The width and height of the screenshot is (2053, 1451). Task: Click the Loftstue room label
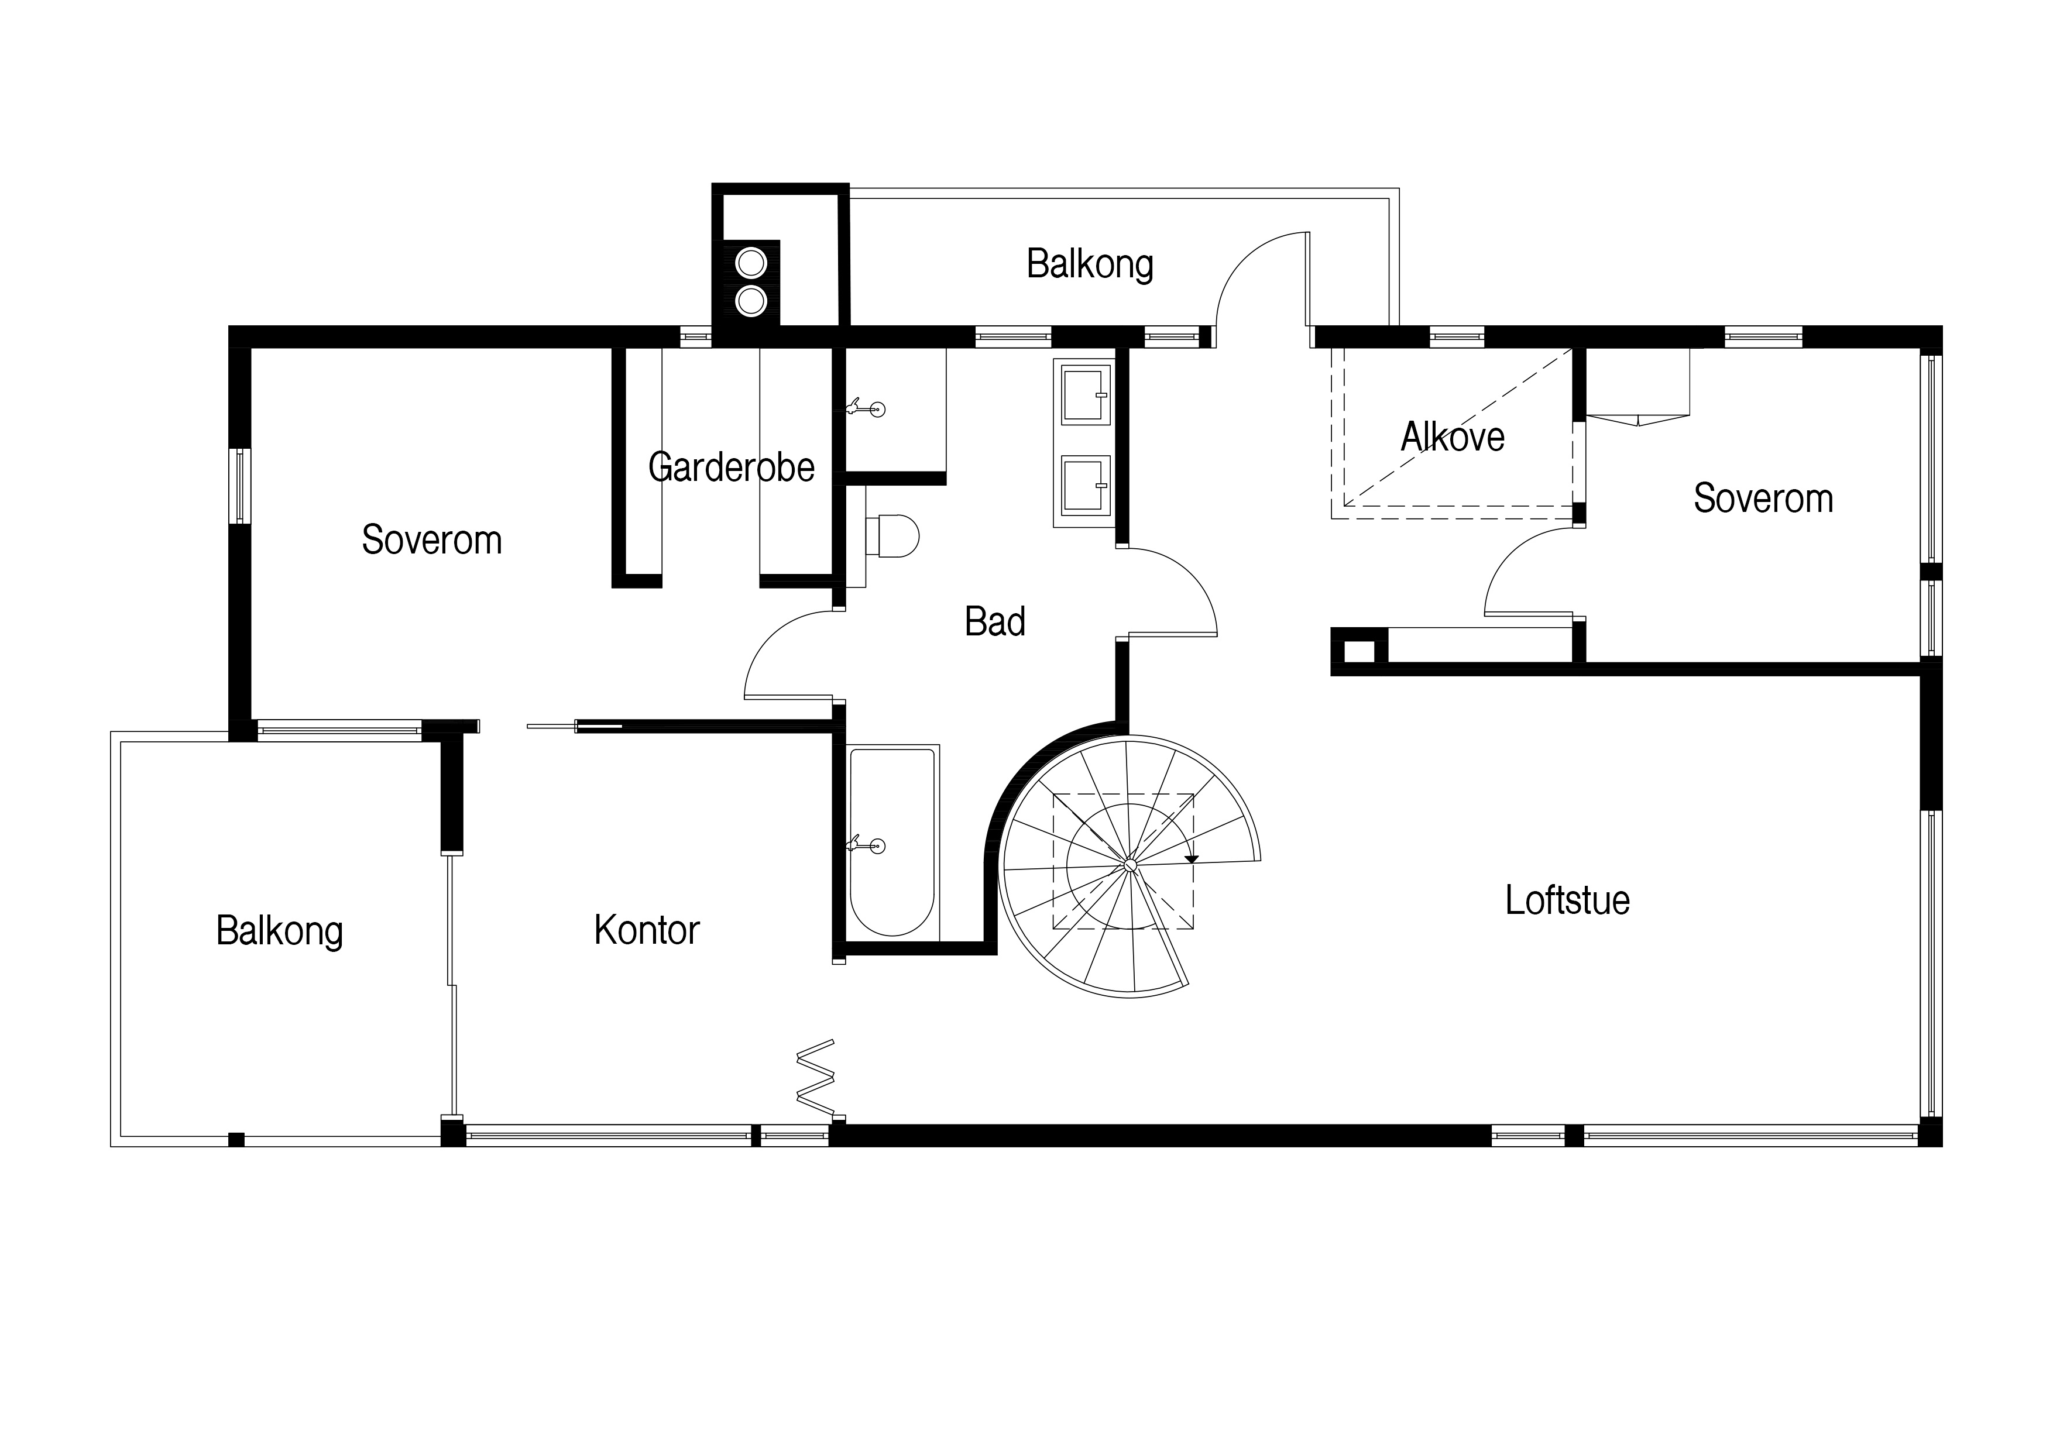1567,900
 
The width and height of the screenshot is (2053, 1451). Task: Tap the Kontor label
647,931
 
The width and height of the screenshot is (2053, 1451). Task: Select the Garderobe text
732,467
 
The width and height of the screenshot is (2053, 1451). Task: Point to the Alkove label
1452,437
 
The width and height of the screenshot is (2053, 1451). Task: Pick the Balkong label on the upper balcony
1089,264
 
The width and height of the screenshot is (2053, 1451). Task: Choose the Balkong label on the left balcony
280,931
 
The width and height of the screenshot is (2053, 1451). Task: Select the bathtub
892,842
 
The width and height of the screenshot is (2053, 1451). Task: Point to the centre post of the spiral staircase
1130,865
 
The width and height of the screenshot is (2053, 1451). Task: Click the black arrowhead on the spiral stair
1191,859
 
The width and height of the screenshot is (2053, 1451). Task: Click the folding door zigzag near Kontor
815,1077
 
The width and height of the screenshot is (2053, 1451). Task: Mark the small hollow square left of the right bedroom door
1359,651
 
